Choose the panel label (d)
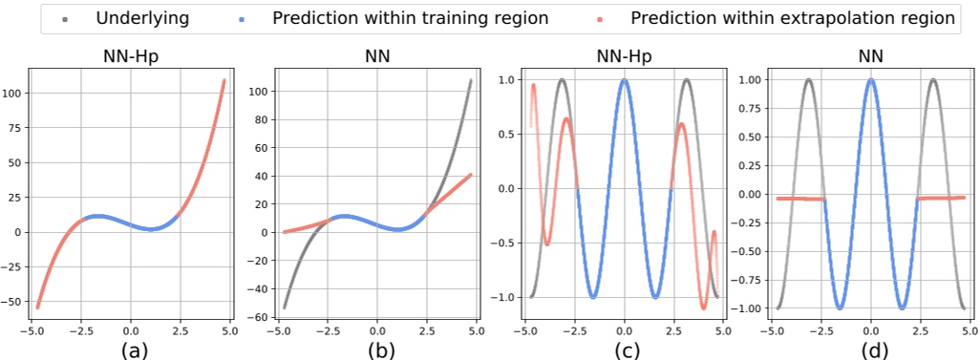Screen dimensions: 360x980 point(870,349)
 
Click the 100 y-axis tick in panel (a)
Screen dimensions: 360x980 point(15,94)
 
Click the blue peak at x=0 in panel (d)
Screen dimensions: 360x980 point(870,80)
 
